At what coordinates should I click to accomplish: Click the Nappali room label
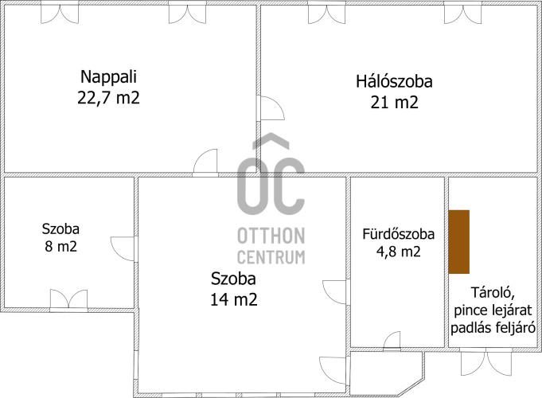pyautogui.click(x=108, y=77)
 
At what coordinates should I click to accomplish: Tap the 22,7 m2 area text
pyautogui.click(x=108, y=98)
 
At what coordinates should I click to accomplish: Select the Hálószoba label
pyautogui.click(x=395, y=82)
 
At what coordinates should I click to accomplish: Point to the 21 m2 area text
pyautogui.click(x=395, y=103)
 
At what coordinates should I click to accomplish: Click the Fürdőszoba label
pyautogui.click(x=398, y=234)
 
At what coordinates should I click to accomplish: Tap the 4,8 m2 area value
pyautogui.click(x=398, y=252)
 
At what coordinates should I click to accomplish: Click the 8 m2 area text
pyautogui.click(x=60, y=247)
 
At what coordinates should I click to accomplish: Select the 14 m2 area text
pyautogui.click(x=234, y=299)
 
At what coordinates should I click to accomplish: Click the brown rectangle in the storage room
pyautogui.click(x=459, y=242)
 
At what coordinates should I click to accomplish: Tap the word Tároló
pyautogui.click(x=493, y=293)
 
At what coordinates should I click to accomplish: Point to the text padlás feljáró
pyautogui.click(x=493, y=328)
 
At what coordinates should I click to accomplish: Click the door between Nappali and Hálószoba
pyautogui.click(x=272, y=108)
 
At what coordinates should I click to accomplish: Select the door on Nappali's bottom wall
pyautogui.click(x=205, y=161)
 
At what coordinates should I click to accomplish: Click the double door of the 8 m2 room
pyautogui.click(x=68, y=299)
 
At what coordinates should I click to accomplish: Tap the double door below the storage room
pyautogui.click(x=486, y=362)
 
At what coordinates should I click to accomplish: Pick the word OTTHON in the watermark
pyautogui.click(x=271, y=236)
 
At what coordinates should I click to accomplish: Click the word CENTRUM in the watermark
pyautogui.click(x=271, y=258)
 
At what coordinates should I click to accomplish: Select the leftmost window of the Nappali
pyautogui.click(x=60, y=14)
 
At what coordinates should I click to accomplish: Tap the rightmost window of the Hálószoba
pyautogui.click(x=463, y=14)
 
